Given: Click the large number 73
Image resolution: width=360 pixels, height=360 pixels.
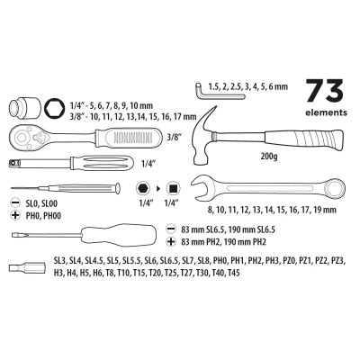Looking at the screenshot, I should (x=325, y=93).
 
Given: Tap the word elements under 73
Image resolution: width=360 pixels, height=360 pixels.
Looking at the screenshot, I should (x=325, y=114).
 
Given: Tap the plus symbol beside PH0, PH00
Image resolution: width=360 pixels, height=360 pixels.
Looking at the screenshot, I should (x=12, y=216).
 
